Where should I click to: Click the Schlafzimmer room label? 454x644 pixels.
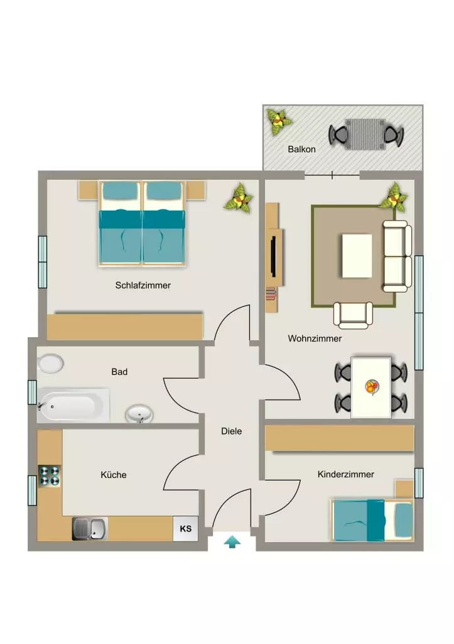pos(143,285)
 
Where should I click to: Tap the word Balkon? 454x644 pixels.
pos(301,149)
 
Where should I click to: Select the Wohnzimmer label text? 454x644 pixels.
pos(315,338)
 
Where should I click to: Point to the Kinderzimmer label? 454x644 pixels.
pos(346,474)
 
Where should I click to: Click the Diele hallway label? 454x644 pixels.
pos(231,431)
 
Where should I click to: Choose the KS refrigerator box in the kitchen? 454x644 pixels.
pos(186,528)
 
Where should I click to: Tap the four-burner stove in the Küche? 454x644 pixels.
pos(50,476)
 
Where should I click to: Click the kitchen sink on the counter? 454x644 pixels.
pos(90,528)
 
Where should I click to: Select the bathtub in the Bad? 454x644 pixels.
pos(73,406)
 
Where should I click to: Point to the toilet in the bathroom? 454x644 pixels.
pos(50,364)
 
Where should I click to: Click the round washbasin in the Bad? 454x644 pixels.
pos(139,414)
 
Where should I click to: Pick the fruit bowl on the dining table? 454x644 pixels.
pos(372,387)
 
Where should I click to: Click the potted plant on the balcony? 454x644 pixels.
pos(279,121)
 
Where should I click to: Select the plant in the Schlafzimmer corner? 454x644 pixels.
pos(239,198)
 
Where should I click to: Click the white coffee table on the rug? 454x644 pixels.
pos(357,256)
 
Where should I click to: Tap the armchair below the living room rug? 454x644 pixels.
pos(353,316)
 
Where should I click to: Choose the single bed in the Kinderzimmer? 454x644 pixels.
pos(372,520)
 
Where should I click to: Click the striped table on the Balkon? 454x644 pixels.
pos(365,135)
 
